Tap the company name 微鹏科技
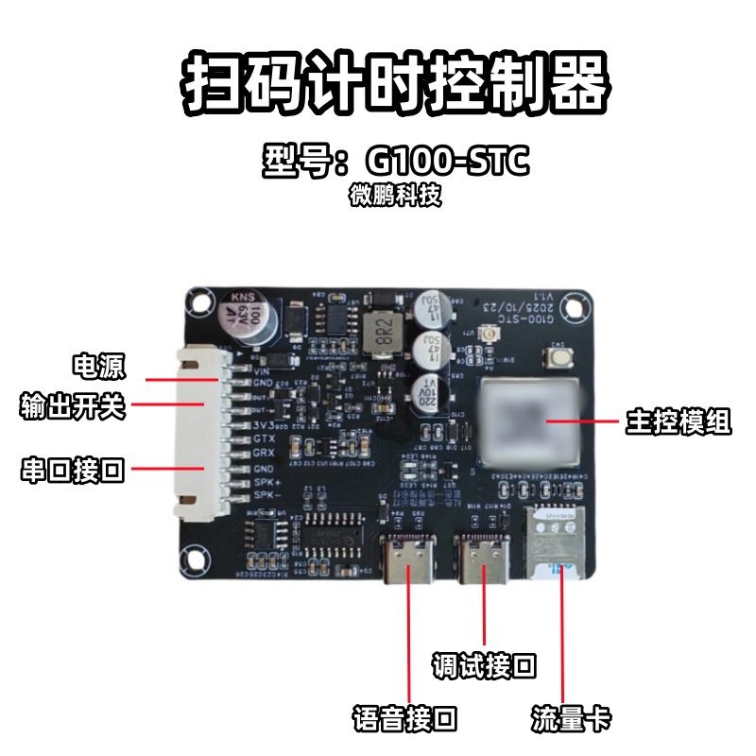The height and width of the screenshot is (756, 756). (x=394, y=197)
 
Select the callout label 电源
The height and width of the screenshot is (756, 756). (x=99, y=365)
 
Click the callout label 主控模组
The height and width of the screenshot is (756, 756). (x=678, y=421)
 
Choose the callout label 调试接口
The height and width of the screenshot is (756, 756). (x=484, y=666)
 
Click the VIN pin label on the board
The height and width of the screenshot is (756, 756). (x=262, y=371)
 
